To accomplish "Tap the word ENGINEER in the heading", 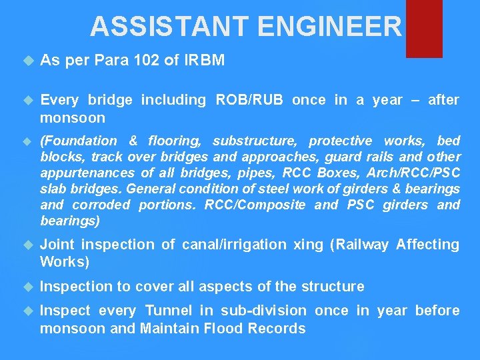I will (x=330, y=27).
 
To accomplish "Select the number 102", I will (x=146, y=61).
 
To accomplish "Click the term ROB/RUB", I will (x=251, y=100).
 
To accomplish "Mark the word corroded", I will (x=101, y=205).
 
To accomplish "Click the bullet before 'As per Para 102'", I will (x=27, y=61).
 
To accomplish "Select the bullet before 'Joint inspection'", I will (x=27, y=245).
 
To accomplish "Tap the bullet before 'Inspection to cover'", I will (x=27, y=287).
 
